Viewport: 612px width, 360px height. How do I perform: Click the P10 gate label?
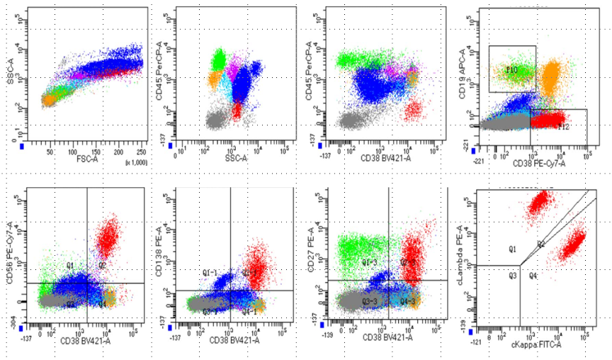512,70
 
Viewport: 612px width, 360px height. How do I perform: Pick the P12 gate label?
564,127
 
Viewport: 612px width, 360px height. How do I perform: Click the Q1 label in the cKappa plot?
512,249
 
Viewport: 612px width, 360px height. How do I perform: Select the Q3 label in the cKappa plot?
512,276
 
